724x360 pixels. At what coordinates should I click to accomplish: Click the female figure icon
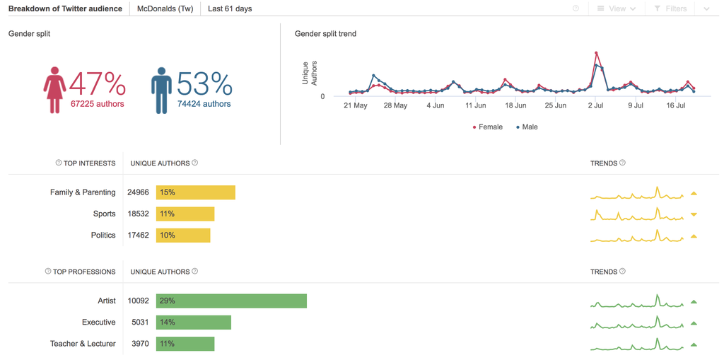(54, 90)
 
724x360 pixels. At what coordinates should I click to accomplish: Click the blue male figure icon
(161, 90)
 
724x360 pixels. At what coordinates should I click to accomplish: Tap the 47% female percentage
(98, 84)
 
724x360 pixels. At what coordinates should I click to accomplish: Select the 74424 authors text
(204, 104)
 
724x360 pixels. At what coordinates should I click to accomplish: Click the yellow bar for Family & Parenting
(195, 192)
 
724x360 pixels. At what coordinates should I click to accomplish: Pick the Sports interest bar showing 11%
(185, 214)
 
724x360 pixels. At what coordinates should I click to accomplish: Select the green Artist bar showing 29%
(231, 301)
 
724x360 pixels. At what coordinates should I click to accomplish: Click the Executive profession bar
(193, 323)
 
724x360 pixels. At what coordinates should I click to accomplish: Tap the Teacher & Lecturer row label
(83, 344)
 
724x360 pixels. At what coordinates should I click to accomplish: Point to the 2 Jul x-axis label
(595, 106)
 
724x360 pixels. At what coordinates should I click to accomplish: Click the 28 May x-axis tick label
(395, 106)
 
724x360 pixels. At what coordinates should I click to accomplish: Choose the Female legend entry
(488, 127)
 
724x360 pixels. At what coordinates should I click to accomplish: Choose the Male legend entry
(527, 127)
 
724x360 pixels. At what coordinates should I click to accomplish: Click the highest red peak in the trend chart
(597, 53)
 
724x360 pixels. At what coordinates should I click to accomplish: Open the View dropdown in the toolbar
(616, 8)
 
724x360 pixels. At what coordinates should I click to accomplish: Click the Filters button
(670, 8)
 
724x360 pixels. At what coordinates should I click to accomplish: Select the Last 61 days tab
(230, 8)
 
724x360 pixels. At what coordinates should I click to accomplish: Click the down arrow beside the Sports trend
(694, 214)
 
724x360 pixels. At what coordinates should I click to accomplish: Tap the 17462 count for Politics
(138, 235)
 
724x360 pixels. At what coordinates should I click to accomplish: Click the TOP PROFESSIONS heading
(83, 272)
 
